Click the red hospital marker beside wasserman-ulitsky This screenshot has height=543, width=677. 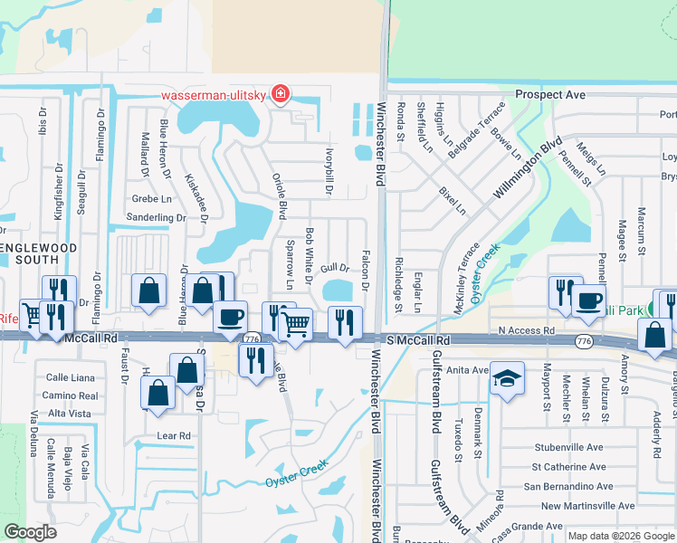[x=281, y=94]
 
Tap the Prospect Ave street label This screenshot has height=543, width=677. [x=550, y=94]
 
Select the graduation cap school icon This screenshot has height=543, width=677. [x=507, y=381]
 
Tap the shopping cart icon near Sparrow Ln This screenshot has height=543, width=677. [x=297, y=324]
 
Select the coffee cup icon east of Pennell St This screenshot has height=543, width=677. [x=588, y=302]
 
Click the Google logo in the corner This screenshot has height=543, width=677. [x=30, y=532]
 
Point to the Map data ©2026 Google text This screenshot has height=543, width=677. [x=620, y=536]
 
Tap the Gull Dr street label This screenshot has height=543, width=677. [x=334, y=268]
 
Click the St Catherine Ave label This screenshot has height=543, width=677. [x=567, y=467]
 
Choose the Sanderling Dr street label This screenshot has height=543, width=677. [x=156, y=218]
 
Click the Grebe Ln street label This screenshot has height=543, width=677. [x=151, y=198]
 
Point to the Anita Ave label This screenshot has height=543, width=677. [x=468, y=369]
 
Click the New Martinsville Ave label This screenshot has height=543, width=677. [x=588, y=506]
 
